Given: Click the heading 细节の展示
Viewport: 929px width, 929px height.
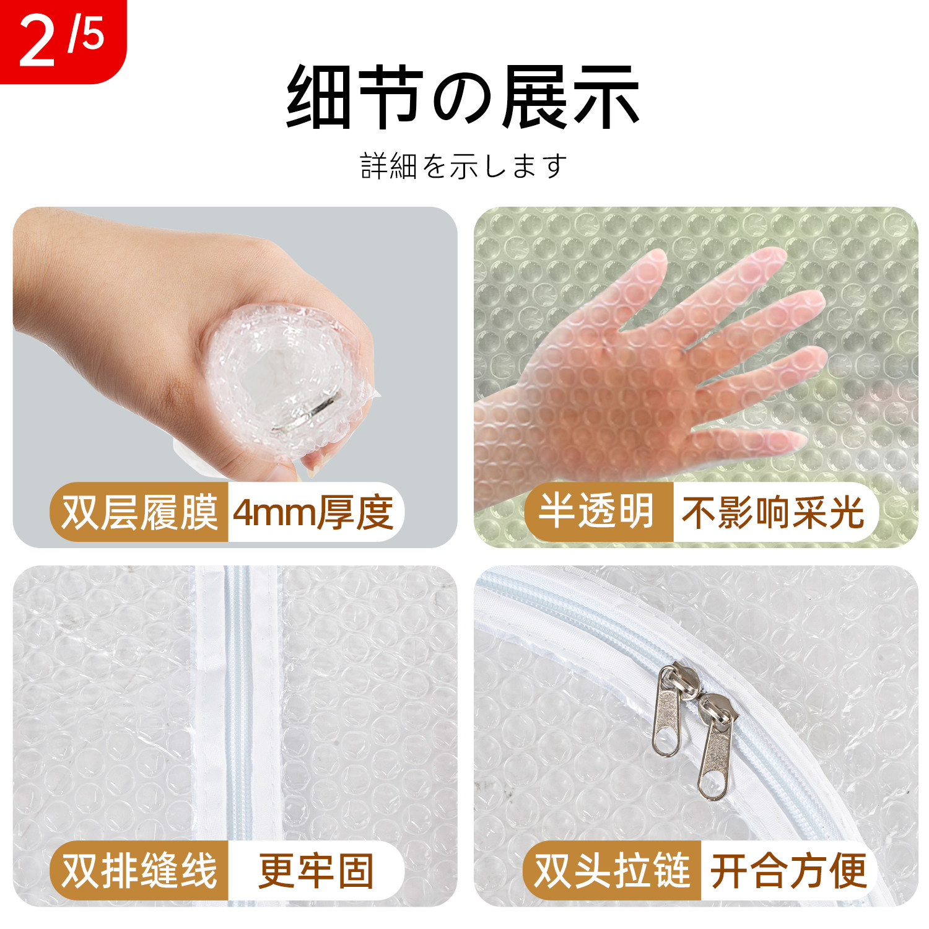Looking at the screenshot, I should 463,97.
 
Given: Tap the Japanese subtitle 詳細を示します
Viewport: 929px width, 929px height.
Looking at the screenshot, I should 463,166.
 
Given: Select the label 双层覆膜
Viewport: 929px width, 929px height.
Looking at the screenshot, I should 139,513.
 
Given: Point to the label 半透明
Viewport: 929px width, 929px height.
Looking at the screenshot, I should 596,512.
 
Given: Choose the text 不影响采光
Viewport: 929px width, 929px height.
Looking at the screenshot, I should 772,513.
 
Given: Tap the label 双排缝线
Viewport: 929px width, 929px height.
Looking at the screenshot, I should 139,871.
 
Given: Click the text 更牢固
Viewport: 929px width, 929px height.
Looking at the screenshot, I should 316,871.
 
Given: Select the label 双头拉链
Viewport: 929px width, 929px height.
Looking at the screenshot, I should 612,871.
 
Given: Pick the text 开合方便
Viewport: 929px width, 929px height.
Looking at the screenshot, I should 788,871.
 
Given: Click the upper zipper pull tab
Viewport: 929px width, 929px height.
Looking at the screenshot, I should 668,712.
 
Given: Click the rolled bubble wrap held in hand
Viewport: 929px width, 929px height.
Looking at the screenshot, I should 285,378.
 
